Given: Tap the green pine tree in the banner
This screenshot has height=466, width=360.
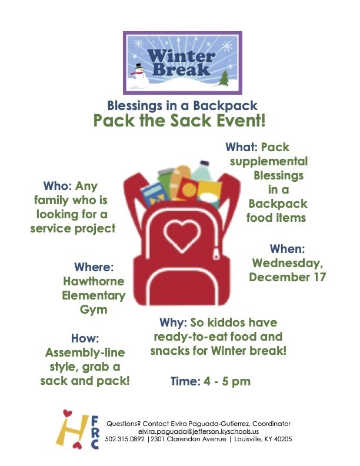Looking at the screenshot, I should [x=224, y=77].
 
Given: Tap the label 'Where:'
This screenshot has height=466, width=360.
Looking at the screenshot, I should [x=93, y=267].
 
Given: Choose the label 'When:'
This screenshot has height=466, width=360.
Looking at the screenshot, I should [x=287, y=248].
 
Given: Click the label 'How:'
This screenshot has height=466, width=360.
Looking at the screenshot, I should [x=85, y=338].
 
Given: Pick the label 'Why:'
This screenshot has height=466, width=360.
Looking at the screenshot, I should [x=173, y=323].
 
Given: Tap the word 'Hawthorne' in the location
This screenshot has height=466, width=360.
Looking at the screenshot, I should [x=94, y=281].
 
